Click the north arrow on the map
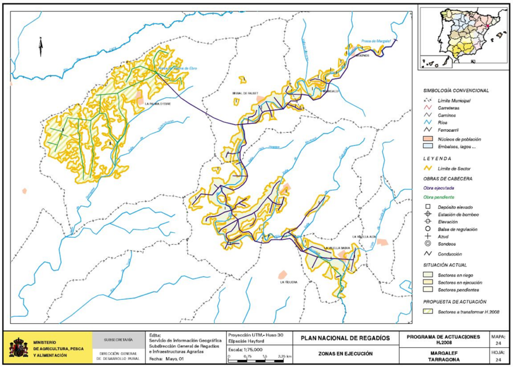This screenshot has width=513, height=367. tap(41, 48)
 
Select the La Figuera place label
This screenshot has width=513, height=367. tap(289, 282)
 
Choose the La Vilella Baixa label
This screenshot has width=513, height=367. tap(336, 248)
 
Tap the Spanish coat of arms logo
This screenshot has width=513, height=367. tap(19, 346)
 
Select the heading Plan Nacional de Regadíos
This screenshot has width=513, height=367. tap(345, 338)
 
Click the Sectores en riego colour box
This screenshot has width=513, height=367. tap(428, 275)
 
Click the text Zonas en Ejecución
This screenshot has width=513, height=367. tap(345, 353)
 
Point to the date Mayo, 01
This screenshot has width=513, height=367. tap(175, 358)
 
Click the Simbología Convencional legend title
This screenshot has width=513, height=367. tap(456, 91)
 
